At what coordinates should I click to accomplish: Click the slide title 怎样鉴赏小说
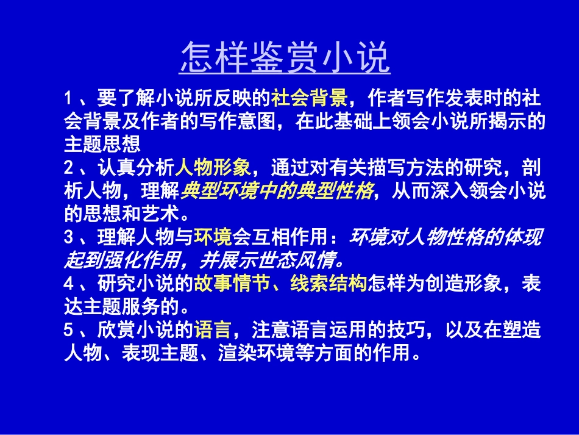(x=285, y=59)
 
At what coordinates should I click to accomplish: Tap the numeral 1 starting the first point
(x=68, y=98)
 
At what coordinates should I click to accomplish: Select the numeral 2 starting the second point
(x=68, y=168)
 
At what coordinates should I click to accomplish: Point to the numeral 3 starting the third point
(x=68, y=238)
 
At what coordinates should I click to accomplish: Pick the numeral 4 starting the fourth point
(x=68, y=284)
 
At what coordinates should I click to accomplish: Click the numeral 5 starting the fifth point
(x=68, y=331)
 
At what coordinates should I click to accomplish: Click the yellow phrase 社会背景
(x=310, y=98)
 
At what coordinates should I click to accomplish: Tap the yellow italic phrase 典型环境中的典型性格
(x=277, y=192)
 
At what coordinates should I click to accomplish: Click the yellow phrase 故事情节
(x=233, y=284)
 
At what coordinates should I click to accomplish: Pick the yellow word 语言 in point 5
(x=213, y=331)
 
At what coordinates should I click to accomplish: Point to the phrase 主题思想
(x=102, y=144)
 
